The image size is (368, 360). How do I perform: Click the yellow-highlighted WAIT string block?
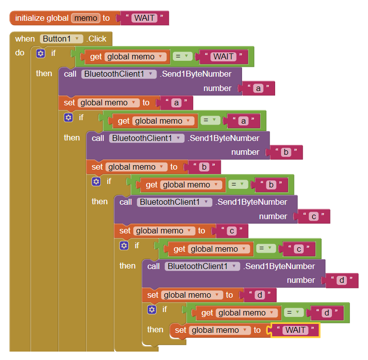pos(295,330)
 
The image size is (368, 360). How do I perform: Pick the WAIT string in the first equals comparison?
pos(223,56)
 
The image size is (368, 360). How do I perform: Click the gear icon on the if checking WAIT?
pos(41,53)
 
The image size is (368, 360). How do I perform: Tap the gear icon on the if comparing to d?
pos(152,310)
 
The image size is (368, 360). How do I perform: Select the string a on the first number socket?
pos(258,89)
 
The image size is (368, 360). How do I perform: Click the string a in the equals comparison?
pos(243,120)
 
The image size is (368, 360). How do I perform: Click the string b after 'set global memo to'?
pos(203,167)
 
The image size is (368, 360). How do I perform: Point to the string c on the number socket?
pos(313,216)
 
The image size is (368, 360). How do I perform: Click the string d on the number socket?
pos(341,280)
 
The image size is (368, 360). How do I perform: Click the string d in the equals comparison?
pos(326,313)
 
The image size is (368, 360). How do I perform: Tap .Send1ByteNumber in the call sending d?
pos(280,266)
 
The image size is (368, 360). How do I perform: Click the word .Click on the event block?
pos(97,39)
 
